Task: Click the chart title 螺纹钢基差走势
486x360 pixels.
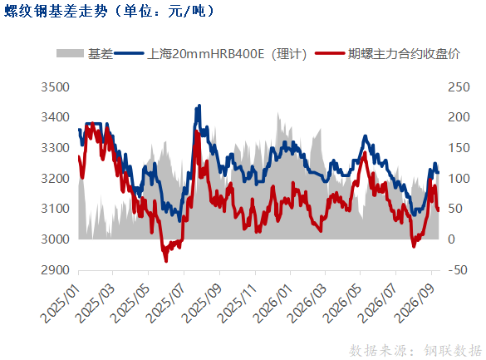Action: point(56,11)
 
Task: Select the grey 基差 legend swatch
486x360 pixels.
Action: point(70,53)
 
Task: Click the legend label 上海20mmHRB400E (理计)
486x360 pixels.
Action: point(227,54)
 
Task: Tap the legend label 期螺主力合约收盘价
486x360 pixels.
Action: point(404,54)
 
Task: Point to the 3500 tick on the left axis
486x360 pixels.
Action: point(55,87)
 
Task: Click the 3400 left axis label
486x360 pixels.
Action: point(55,117)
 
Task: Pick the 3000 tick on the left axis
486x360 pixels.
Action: point(55,239)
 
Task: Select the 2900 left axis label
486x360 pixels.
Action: point(55,269)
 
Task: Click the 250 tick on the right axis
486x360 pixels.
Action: point(459,87)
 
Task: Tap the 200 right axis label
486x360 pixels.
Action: point(459,117)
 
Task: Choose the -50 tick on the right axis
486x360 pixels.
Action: point(458,269)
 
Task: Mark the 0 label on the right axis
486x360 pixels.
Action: point(451,239)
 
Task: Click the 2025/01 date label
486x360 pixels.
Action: point(61,303)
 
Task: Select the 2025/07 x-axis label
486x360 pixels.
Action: point(166,303)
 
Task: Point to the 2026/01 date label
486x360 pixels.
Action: point(272,303)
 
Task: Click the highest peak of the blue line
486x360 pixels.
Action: point(199,106)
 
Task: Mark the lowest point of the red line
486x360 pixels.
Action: point(166,261)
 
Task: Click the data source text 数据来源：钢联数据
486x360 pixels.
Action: point(415,351)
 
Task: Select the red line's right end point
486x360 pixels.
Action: point(439,210)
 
